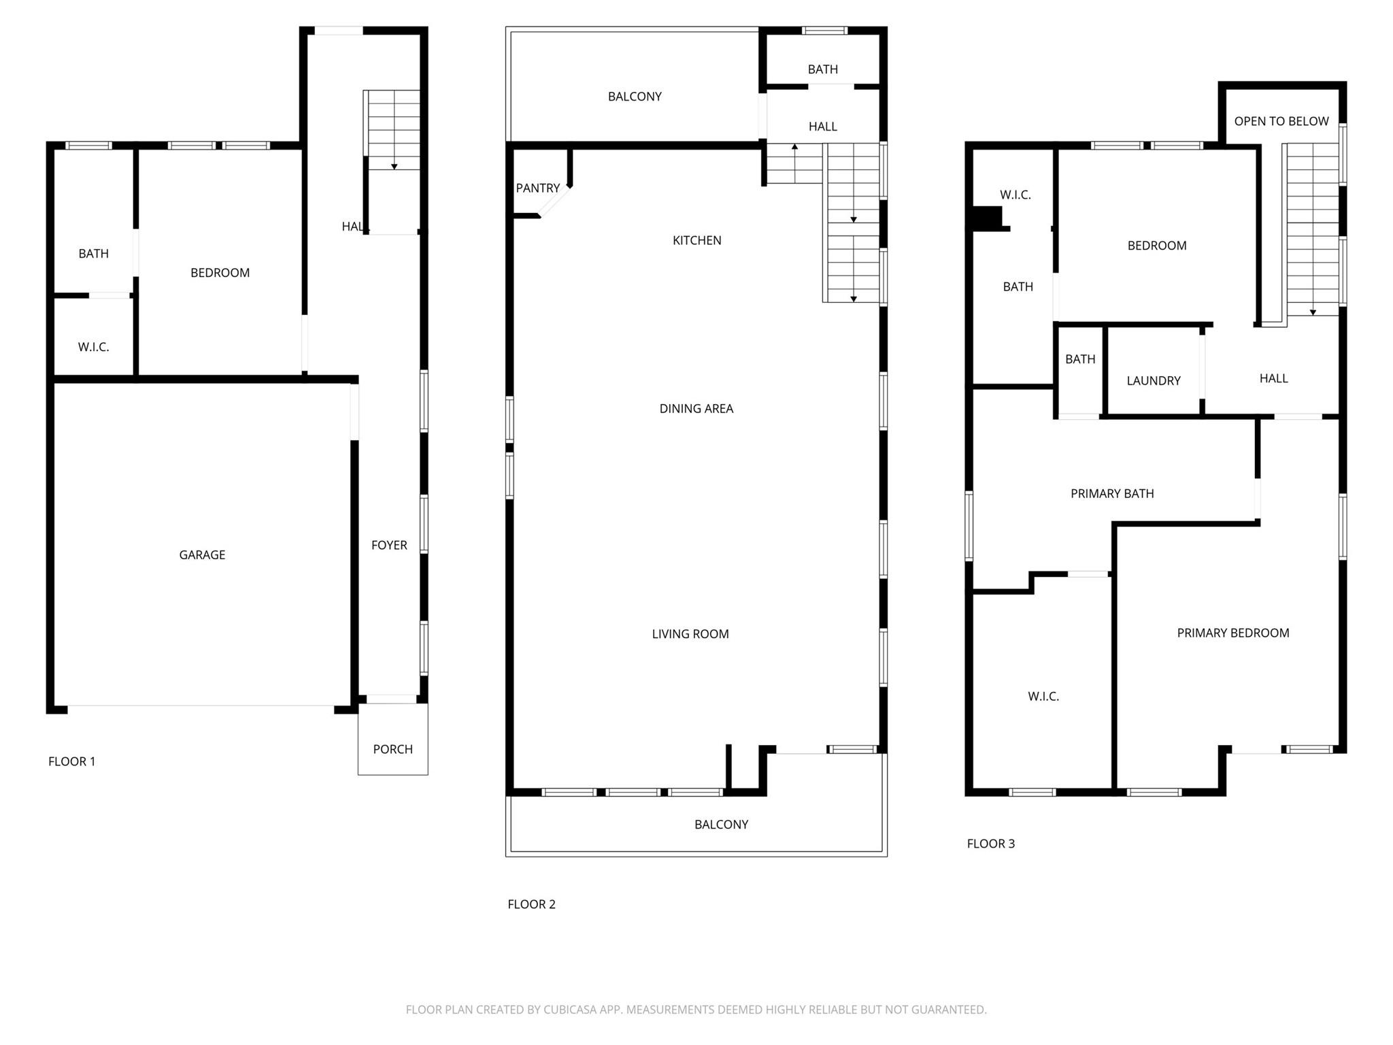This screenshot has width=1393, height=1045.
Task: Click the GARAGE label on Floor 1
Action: coord(202,555)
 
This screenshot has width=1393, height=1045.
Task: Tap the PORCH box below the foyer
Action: coord(392,749)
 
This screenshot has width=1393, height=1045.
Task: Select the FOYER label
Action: coord(389,545)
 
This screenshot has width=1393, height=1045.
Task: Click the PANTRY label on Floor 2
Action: coord(537,188)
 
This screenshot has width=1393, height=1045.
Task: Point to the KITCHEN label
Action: coord(696,240)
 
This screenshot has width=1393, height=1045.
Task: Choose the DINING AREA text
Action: coord(696,409)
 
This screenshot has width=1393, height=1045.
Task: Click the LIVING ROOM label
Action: coord(690,634)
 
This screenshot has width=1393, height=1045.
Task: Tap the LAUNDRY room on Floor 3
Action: coord(1153,381)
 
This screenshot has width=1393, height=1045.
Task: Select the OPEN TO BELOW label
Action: coord(1281,122)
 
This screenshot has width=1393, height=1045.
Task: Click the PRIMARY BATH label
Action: coord(1111,494)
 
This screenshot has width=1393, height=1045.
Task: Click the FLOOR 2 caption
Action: coord(531,904)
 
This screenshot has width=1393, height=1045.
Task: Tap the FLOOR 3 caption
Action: coord(990,844)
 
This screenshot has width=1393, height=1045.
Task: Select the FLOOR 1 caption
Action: coord(71,761)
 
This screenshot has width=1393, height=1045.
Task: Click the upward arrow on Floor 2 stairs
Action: coord(794,147)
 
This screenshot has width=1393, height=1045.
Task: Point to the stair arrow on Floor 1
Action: coord(394,165)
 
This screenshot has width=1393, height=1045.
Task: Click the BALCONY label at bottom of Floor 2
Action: coord(721,825)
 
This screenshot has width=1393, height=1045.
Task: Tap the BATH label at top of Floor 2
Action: coord(822,69)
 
